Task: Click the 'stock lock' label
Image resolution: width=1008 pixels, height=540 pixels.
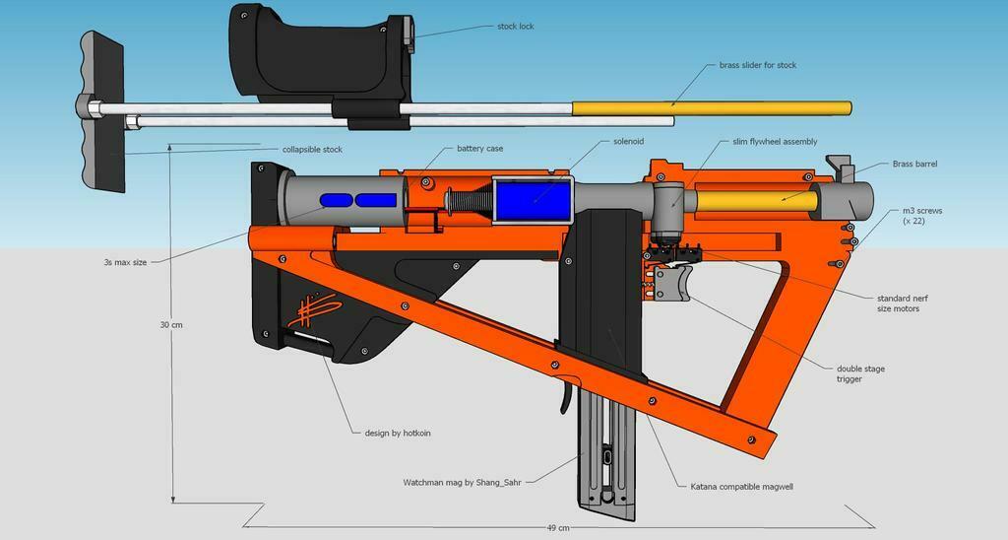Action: [515, 27]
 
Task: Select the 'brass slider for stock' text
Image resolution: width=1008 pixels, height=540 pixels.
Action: [751, 65]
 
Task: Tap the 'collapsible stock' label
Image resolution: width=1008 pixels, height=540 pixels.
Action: [312, 149]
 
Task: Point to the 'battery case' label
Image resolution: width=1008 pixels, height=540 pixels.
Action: [479, 149]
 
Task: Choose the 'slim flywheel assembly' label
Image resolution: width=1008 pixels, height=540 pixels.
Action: [775, 142]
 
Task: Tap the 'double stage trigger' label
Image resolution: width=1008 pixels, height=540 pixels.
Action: [859, 373]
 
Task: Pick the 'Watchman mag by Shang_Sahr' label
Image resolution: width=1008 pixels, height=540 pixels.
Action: [462, 482]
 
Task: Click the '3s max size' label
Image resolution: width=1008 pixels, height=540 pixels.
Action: [126, 262]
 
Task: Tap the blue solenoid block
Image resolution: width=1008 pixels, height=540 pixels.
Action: [532, 201]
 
